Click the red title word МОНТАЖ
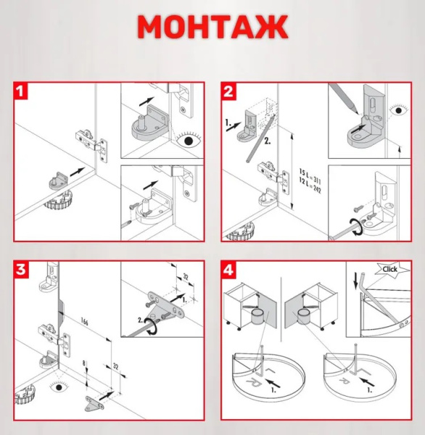click(212, 27)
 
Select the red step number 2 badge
click(230, 92)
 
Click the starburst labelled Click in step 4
click(390, 269)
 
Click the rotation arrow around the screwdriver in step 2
click(353, 226)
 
